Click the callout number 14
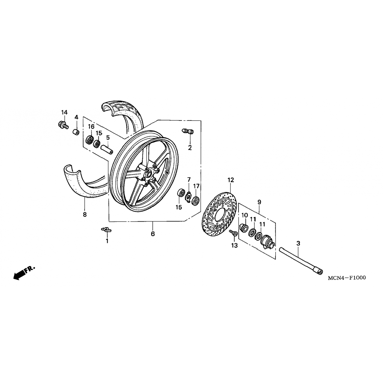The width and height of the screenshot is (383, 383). [64, 112]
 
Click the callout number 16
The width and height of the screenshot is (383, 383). [91, 127]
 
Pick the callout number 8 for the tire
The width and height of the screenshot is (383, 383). [85, 214]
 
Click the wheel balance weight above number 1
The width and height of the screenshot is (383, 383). [106, 230]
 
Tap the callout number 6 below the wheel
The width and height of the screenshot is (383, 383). [153, 234]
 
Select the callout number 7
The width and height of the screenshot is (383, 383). [189, 179]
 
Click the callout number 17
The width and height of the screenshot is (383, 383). [196, 186]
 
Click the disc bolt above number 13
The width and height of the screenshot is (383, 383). [233, 233]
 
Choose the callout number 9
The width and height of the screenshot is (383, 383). [259, 202]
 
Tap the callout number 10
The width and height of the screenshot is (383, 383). [245, 215]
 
